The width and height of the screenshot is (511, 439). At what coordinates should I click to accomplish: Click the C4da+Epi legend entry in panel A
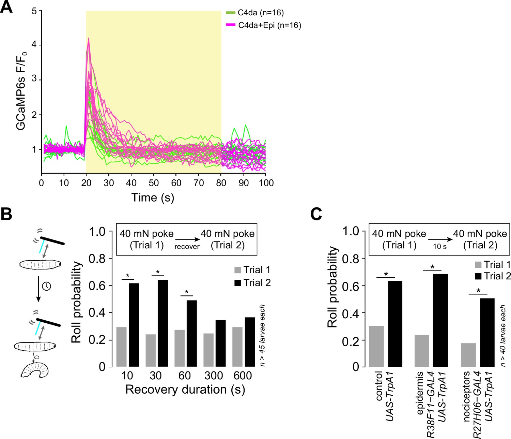click(264, 25)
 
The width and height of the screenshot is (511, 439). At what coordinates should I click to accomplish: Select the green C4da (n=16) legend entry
click(255, 13)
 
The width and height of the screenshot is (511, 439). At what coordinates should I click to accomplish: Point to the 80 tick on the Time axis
click(221, 183)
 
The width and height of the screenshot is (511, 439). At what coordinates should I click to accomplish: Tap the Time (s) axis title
click(153, 198)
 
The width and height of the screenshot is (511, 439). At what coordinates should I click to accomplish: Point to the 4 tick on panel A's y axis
click(34, 45)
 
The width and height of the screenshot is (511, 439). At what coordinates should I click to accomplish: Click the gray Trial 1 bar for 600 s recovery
click(237, 347)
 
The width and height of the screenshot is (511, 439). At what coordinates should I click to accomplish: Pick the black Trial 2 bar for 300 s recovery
click(220, 343)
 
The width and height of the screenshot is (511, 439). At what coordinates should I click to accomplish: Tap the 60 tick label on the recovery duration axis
click(184, 376)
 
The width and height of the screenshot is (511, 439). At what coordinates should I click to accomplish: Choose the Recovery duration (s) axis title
click(185, 390)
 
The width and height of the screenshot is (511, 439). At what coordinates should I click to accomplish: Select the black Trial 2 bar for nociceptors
click(487, 333)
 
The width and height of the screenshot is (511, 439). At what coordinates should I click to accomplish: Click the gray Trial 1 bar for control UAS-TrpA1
click(376, 347)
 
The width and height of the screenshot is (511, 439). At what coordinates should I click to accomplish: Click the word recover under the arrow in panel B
click(187, 247)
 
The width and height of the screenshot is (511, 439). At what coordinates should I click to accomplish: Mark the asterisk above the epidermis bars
click(432, 267)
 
